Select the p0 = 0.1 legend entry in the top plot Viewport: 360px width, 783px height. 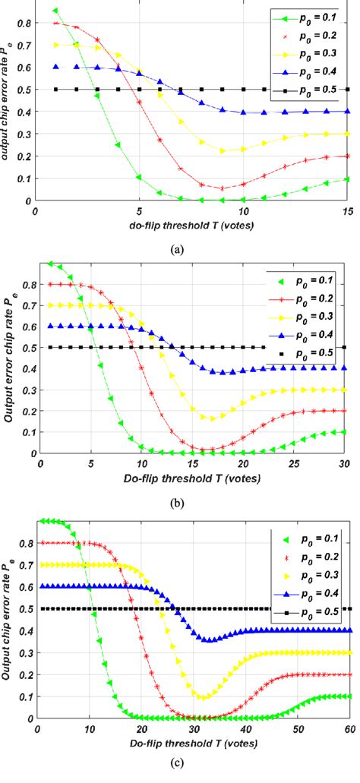[302, 17]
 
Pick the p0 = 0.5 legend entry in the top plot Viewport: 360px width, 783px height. [302, 90]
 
